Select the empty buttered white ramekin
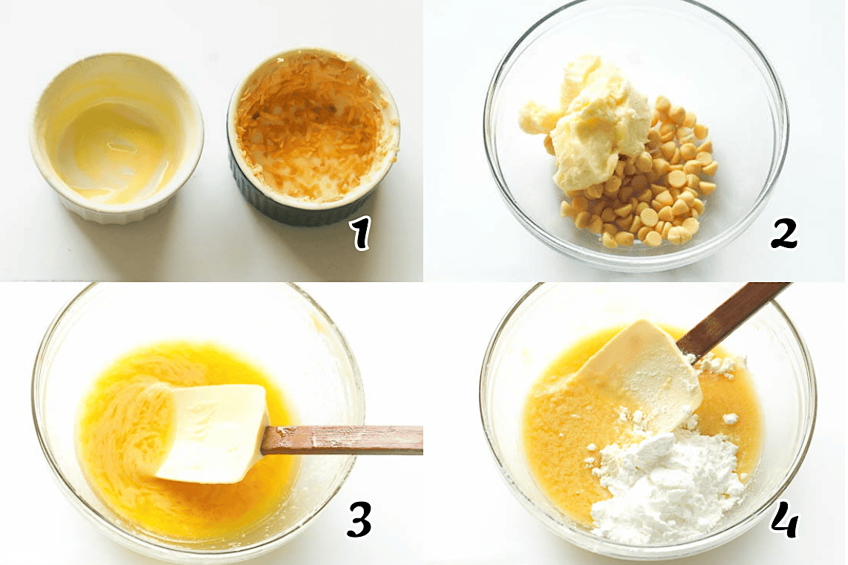pyautogui.click(x=117, y=137)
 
